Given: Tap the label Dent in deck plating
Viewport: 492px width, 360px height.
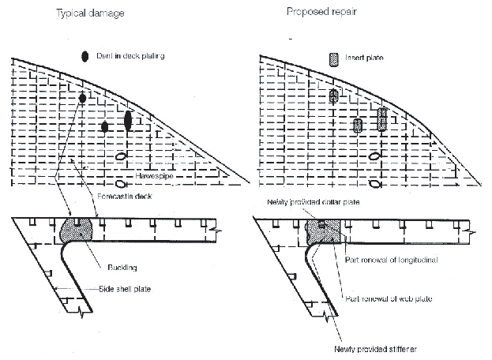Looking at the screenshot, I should (130, 56).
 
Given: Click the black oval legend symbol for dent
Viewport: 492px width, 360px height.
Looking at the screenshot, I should (85, 56).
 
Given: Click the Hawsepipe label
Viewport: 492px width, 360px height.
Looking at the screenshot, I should (149, 174).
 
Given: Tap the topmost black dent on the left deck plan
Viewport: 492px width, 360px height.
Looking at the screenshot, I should (82, 98).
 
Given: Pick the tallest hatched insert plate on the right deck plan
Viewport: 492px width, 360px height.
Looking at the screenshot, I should (382, 118).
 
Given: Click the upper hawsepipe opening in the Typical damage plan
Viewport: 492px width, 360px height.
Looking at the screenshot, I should (121, 156).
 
